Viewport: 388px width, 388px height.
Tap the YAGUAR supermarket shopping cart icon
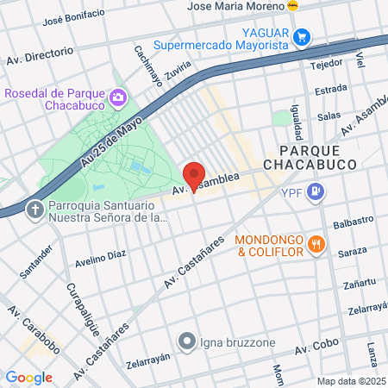(x=302, y=37)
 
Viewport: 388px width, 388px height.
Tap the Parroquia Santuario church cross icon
(x=34, y=210)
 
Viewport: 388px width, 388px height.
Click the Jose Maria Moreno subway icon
(x=293, y=5)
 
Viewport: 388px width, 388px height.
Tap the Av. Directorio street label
(x=40, y=55)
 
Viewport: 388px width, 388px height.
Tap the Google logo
(x=28, y=378)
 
